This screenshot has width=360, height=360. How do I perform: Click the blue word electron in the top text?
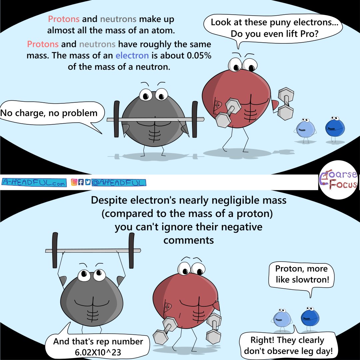click(x=132, y=56)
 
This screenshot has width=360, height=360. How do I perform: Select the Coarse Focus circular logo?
click(x=338, y=180)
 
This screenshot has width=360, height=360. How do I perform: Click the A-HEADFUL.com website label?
click(x=34, y=183)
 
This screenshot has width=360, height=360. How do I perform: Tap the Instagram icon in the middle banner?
click(x=74, y=182)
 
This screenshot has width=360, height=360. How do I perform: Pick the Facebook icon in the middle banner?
click(x=81, y=182)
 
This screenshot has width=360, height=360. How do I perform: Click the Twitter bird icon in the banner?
click(x=88, y=182)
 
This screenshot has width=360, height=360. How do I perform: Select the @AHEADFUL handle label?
click(x=119, y=183)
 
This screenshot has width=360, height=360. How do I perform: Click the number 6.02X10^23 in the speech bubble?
click(x=98, y=352)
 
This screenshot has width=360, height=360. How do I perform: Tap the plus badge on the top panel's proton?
click(x=217, y=105)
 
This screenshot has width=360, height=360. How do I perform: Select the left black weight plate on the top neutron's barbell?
click(x=117, y=119)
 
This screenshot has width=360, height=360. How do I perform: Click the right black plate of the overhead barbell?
click(x=131, y=250)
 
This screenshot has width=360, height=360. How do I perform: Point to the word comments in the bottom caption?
click(x=188, y=240)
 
